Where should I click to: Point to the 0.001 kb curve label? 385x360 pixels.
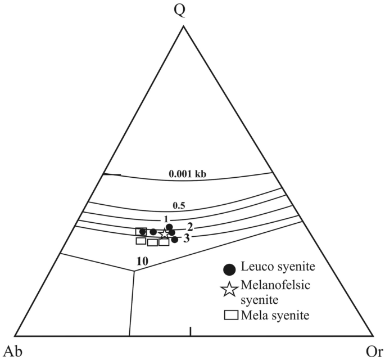[x=188, y=174]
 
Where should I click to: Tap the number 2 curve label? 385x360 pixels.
[x=190, y=227]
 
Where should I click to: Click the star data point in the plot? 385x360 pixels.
[x=164, y=233]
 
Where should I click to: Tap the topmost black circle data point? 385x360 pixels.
[x=170, y=227]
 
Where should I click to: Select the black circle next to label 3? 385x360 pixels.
[x=175, y=240]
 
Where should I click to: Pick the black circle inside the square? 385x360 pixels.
[x=142, y=232]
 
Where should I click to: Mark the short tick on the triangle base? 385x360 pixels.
[x=191, y=331]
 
